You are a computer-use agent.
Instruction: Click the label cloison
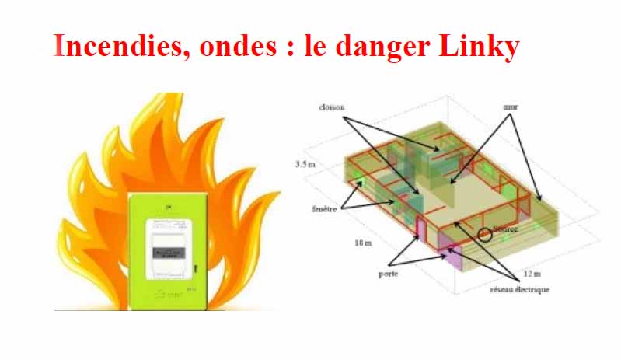332,104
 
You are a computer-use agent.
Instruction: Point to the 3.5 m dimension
305,165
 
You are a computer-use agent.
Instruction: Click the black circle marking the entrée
485,232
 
